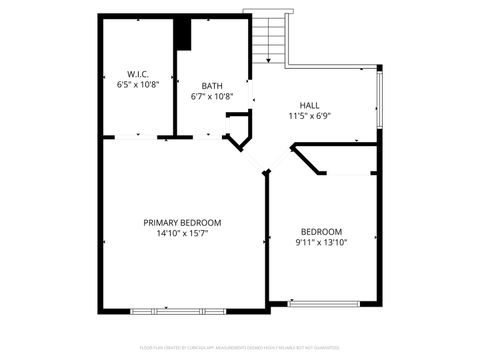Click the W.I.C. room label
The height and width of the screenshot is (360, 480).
click(138, 74)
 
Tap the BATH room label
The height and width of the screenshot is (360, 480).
click(212, 86)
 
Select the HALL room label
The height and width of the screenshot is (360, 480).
click(311, 104)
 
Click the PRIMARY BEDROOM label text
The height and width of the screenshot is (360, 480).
click(182, 222)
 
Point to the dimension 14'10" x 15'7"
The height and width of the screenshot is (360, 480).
click(182, 234)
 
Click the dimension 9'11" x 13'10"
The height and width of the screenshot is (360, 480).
click(321, 242)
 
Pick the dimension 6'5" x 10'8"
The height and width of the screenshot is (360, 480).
click(138, 86)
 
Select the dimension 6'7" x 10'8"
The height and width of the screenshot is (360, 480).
click(212, 97)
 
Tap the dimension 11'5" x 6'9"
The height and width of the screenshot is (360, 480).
click(311, 116)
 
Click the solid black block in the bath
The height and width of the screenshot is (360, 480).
click(183, 33)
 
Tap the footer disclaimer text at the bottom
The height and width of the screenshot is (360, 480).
click(240, 348)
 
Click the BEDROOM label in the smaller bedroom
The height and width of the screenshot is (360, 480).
click(321, 231)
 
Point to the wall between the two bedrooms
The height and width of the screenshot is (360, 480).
click(267, 240)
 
